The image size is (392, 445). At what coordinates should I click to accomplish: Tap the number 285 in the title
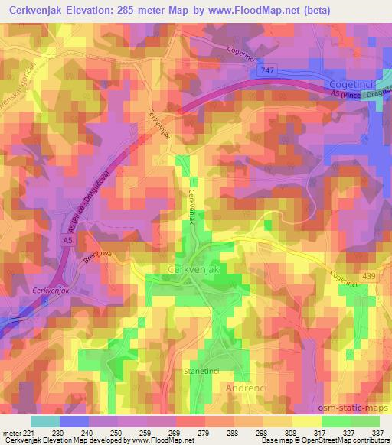click(x=150, y=11)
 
